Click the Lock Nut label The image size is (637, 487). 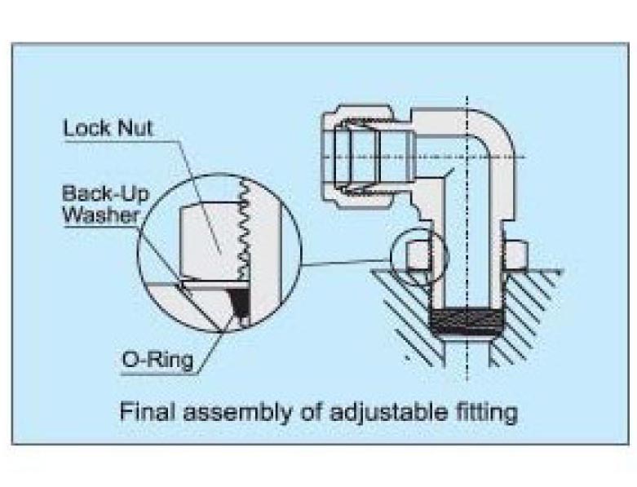109,129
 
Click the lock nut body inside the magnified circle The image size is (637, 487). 208,241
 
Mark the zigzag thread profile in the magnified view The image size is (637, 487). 241,232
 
